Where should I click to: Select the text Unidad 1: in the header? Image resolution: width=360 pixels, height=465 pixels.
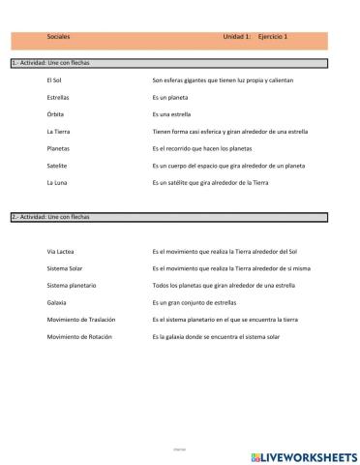pos(237,37)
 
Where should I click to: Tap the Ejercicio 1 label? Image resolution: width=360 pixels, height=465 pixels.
pos(274,37)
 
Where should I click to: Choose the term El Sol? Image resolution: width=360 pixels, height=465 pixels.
pos(54,81)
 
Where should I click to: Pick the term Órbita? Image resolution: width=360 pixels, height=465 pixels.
pos(56,114)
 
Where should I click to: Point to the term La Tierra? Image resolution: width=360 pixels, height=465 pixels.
pos(58,131)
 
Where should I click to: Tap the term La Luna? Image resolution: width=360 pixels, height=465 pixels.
pos(57,182)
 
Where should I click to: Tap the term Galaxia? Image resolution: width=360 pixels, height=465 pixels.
pos(56,302)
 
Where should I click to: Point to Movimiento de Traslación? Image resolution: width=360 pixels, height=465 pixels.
pos(80,319)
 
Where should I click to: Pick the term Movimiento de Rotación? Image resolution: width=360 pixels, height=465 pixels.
pos(79,336)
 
